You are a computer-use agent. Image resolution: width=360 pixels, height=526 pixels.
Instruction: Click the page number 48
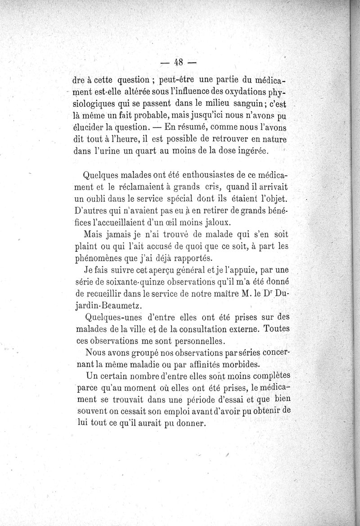pos(180,62)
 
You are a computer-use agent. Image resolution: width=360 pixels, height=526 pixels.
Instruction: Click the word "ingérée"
pos(252,151)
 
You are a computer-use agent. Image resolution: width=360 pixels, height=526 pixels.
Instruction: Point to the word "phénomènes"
pos(98,258)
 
